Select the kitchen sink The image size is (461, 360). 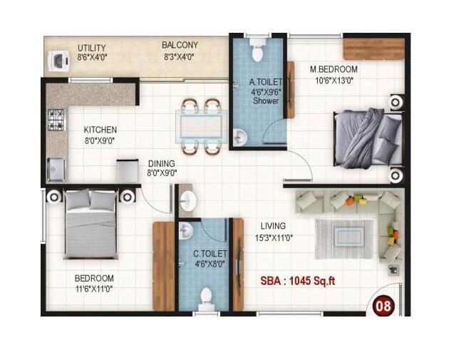[x=56, y=169]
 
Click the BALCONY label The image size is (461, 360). [x=180, y=45]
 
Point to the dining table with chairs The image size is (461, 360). [x=200, y=126]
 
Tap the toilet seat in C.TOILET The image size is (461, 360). [x=207, y=297]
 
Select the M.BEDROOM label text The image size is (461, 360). [x=333, y=69]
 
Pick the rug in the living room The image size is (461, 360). [x=345, y=238]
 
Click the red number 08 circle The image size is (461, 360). [x=384, y=306]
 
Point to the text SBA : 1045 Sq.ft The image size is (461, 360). [x=297, y=280]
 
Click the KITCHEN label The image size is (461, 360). [x=100, y=130]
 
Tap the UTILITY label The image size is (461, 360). [x=92, y=48]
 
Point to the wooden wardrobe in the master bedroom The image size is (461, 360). [x=373, y=48]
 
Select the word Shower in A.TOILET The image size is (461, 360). [x=265, y=101]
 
